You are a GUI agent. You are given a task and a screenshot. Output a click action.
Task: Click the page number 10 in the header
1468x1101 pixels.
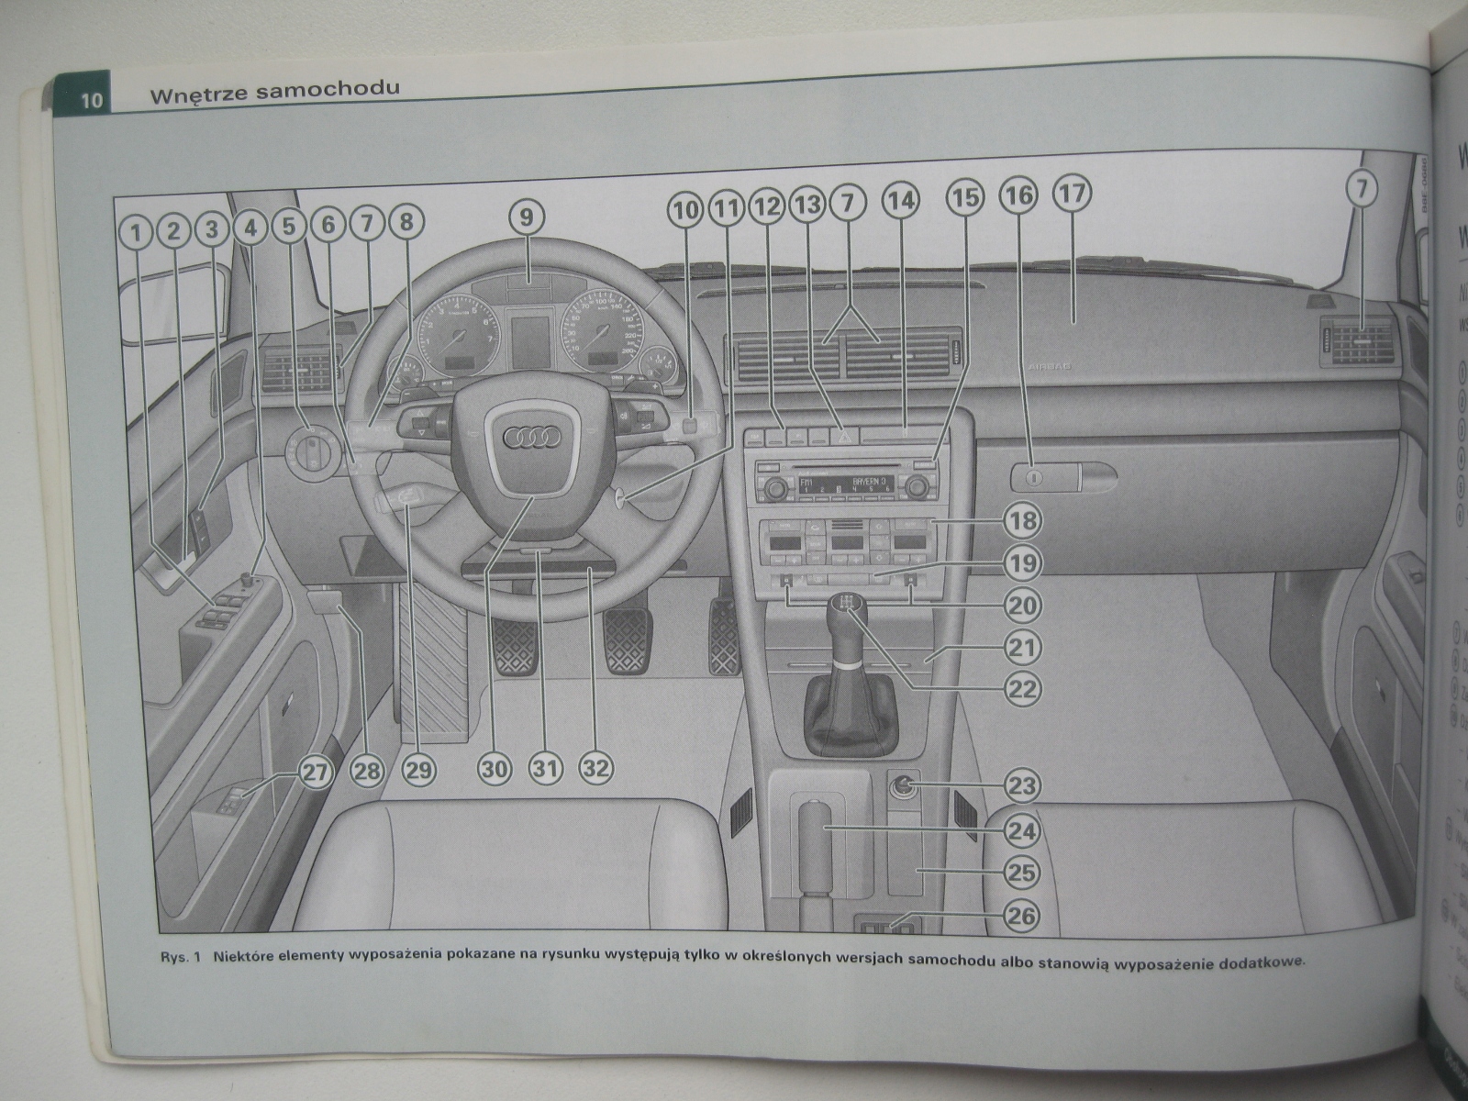point(92,99)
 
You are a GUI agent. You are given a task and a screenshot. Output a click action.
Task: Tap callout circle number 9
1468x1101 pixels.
point(526,217)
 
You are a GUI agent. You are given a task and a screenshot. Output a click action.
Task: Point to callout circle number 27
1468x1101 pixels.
point(314,773)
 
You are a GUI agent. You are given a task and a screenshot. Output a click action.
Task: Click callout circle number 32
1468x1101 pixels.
point(596,767)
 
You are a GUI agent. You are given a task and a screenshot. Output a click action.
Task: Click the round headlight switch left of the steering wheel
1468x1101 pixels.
point(317,450)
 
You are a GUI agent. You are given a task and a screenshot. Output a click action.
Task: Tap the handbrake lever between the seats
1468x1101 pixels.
point(818,844)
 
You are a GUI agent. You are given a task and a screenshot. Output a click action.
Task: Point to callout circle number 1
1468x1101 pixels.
point(136,231)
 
